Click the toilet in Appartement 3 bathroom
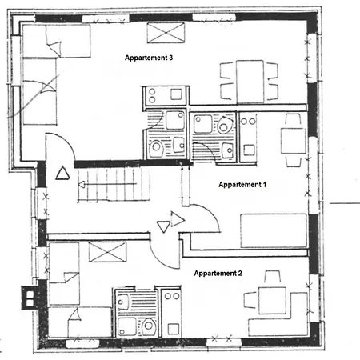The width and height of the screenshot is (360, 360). pos(160,148)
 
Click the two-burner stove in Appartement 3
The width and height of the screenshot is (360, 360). pos(152,98)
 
